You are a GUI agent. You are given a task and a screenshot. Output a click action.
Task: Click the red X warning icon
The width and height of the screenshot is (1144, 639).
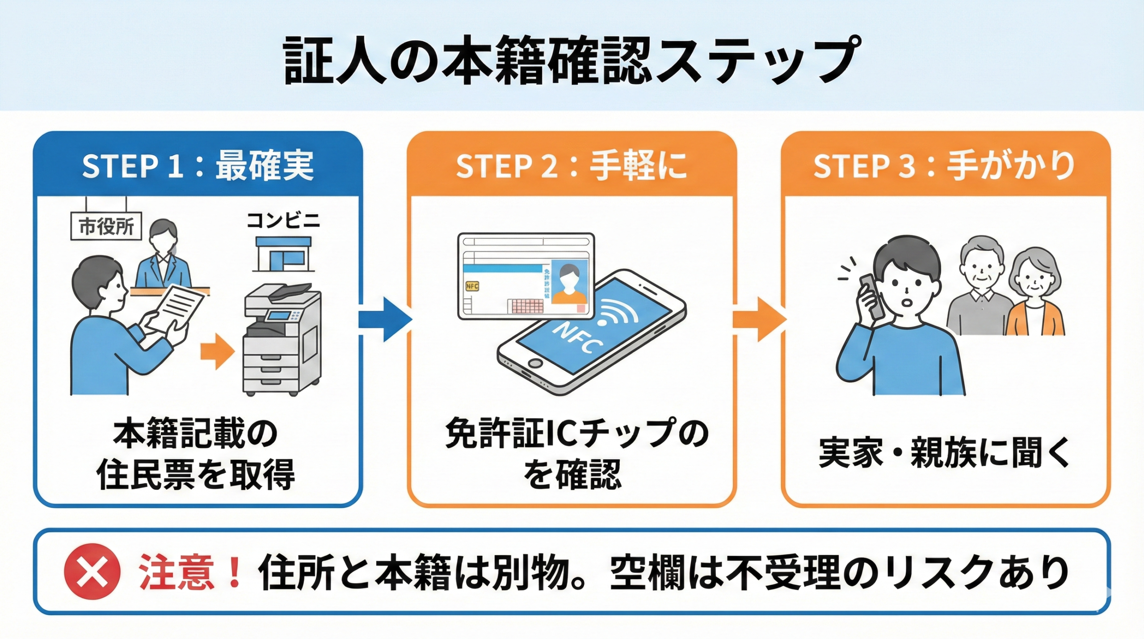click(x=92, y=571)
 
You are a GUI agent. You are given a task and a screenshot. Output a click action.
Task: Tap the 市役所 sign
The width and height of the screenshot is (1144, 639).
click(x=106, y=227)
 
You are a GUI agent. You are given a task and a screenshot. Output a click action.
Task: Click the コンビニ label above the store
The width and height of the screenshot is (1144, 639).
click(x=283, y=221)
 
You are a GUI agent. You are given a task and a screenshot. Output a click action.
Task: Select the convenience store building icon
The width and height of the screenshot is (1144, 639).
click(x=283, y=255)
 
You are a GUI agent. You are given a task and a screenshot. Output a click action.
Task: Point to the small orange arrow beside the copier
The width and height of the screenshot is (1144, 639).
click(x=217, y=351)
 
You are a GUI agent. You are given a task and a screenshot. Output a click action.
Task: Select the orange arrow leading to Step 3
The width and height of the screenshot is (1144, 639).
click(x=759, y=319)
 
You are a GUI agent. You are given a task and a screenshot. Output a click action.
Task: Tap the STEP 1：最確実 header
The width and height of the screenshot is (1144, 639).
click(x=198, y=165)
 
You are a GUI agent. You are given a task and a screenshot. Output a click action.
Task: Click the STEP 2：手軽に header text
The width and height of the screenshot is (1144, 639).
click(x=572, y=165)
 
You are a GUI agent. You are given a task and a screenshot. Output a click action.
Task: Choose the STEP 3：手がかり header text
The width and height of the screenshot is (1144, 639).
click(x=944, y=165)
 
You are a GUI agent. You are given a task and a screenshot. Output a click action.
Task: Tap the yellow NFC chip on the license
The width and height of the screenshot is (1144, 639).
click(x=472, y=286)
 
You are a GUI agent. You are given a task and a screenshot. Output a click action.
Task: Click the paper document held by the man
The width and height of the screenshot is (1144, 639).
click(x=177, y=308)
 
